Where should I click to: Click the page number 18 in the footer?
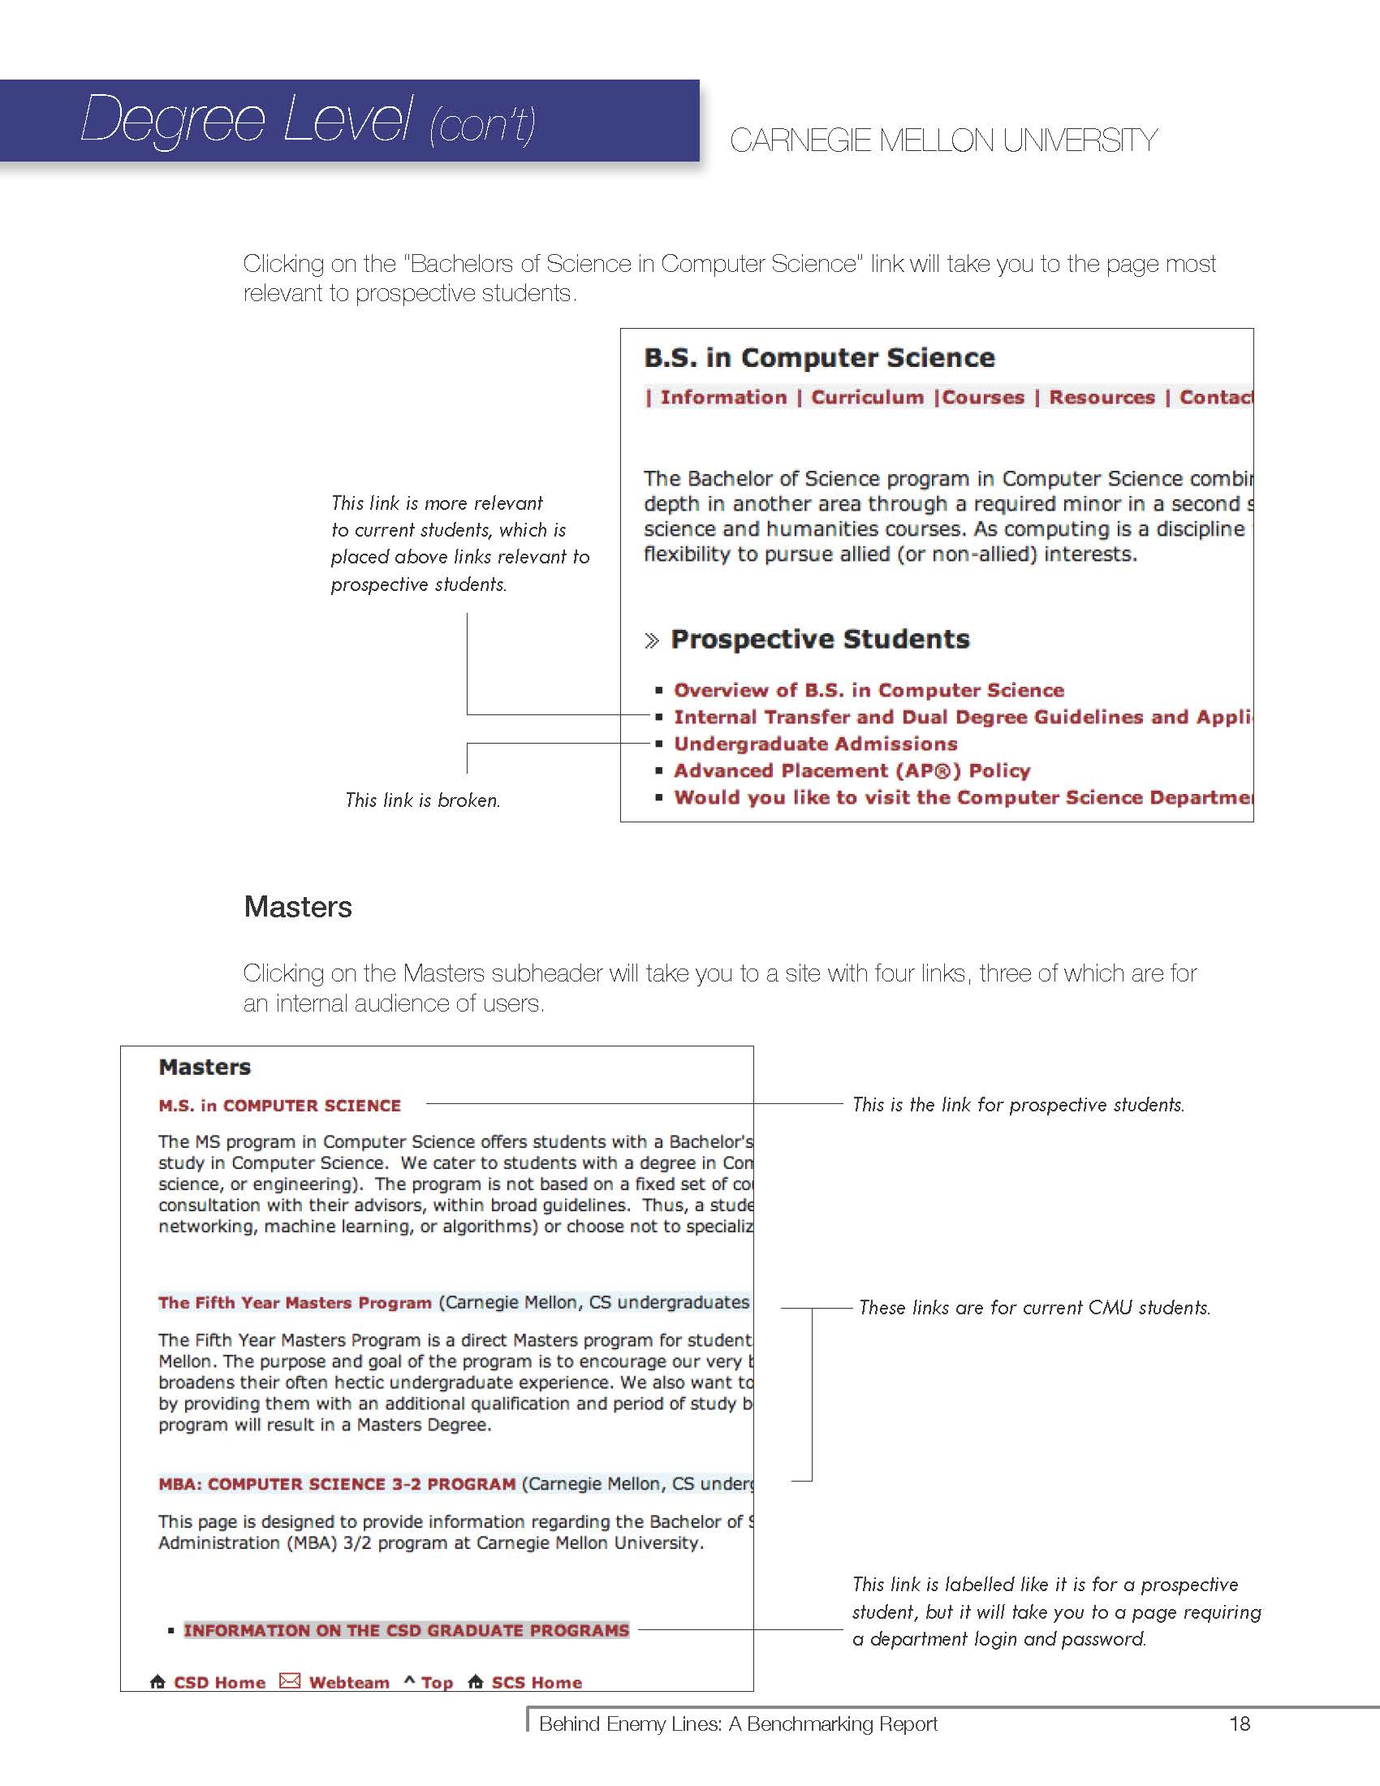(x=1240, y=1723)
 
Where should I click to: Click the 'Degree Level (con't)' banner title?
(x=308, y=120)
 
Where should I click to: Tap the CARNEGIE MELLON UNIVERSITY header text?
(x=942, y=140)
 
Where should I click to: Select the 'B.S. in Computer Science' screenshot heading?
(x=819, y=358)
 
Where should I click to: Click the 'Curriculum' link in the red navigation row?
(x=867, y=398)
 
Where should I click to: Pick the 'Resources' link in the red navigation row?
(x=1102, y=398)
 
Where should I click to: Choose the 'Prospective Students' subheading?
(x=820, y=640)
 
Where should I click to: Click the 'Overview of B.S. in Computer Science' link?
(x=869, y=690)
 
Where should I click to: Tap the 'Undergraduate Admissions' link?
(x=815, y=744)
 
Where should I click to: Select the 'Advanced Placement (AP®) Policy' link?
(x=851, y=771)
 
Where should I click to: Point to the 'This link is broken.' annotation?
(x=423, y=800)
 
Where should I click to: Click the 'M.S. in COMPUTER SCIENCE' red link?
(x=279, y=1106)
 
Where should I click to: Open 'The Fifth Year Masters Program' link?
(x=295, y=1303)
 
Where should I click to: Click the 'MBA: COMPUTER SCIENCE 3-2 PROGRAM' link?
(x=337, y=1484)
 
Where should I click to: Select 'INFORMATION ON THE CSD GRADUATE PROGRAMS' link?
(x=407, y=1630)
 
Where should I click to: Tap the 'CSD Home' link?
(x=219, y=1682)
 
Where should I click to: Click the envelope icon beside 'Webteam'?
(x=290, y=1680)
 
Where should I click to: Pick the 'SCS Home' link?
(x=537, y=1682)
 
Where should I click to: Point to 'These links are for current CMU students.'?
(x=1034, y=1308)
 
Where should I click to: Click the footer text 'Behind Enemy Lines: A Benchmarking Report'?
(x=737, y=1723)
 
